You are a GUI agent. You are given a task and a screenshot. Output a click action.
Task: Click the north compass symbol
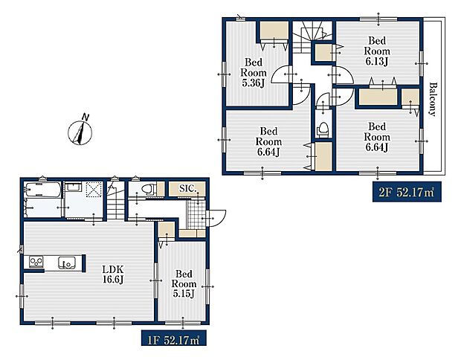(80, 132)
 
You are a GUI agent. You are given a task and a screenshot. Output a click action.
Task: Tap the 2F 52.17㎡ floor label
(407, 193)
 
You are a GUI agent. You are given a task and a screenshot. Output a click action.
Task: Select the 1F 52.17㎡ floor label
(173, 340)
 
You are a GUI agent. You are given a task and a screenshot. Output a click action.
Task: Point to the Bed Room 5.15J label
(184, 284)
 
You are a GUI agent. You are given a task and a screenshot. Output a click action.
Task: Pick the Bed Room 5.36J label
(254, 73)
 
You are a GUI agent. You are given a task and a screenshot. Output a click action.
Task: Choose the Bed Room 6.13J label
(377, 51)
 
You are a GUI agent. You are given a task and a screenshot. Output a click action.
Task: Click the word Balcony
(432, 99)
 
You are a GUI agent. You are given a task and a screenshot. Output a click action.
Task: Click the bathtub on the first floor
(43, 190)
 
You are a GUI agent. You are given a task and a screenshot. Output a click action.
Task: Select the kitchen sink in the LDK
(66, 262)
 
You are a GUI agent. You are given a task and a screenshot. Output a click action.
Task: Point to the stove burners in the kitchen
(36, 262)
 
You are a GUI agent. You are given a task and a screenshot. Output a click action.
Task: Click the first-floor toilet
(148, 189)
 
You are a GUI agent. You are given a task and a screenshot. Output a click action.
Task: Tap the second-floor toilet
(323, 129)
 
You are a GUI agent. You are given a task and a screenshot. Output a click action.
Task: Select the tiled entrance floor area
(196, 213)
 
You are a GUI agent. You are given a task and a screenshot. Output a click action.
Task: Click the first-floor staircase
(115, 201)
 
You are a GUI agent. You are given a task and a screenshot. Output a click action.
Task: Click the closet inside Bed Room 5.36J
(274, 30)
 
